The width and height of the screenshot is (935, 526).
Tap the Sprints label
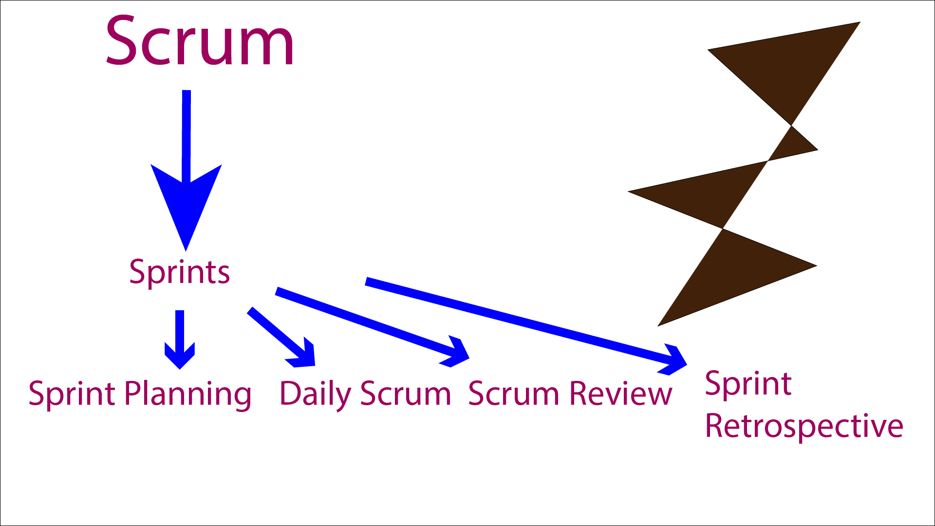179,272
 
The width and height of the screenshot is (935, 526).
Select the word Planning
188,394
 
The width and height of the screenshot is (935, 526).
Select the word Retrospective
804,426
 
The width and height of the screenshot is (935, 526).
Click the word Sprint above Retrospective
748,384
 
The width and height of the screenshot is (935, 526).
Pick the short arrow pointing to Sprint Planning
180,339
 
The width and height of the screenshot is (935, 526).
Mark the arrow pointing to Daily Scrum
281,337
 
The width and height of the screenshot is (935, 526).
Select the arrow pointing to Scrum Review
373,326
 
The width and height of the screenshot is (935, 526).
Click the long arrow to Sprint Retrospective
526,326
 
